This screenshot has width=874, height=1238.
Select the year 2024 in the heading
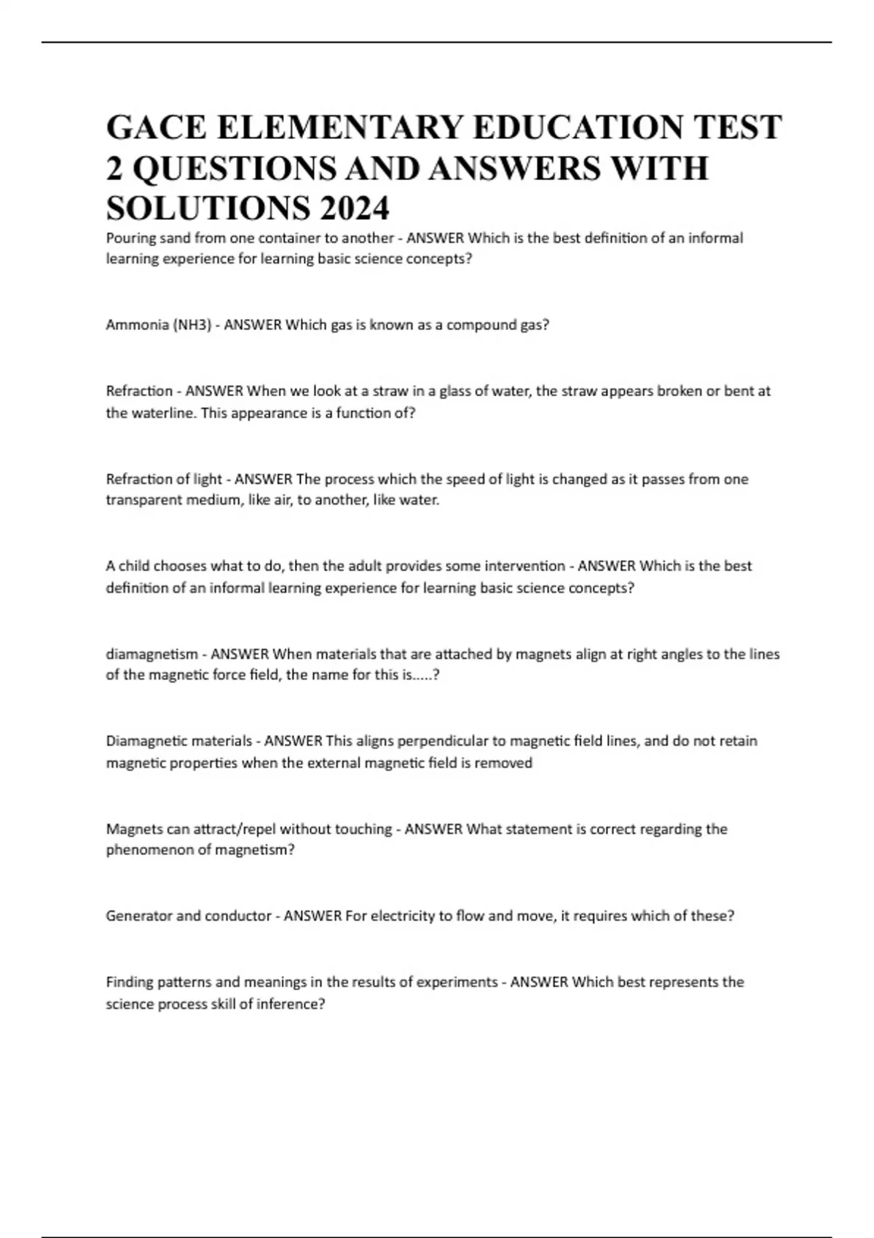[353, 209]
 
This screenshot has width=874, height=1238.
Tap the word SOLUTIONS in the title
[207, 209]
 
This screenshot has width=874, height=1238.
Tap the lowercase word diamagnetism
[151, 654]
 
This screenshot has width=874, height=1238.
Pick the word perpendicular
[445, 741]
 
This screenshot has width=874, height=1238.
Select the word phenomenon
[149, 850]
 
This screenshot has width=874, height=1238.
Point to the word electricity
[402, 916]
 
